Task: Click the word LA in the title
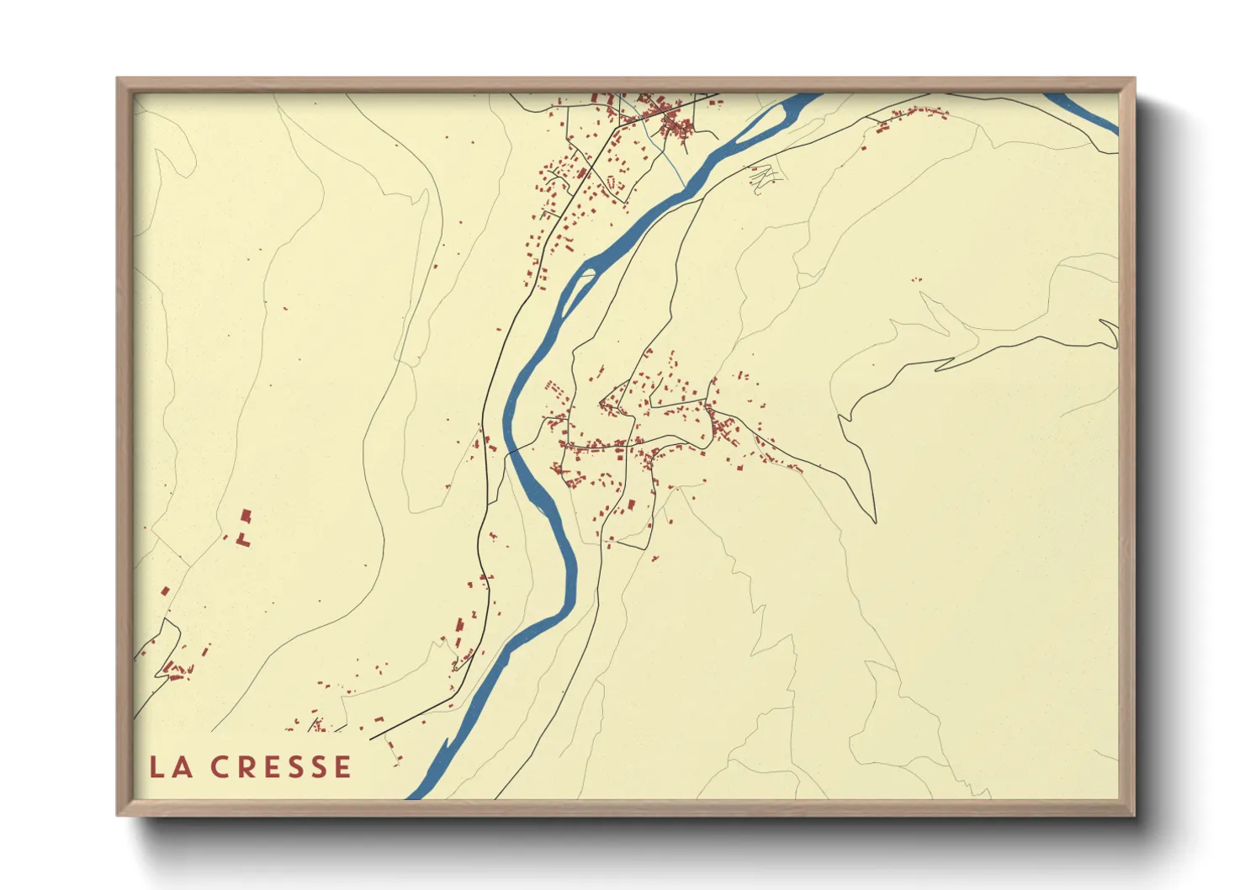tap(168, 767)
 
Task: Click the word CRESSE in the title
tap(281, 767)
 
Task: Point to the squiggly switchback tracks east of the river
tap(764, 177)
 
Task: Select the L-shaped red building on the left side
tap(243, 539)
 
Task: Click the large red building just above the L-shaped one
tap(246, 515)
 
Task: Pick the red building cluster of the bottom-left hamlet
tap(177, 670)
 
